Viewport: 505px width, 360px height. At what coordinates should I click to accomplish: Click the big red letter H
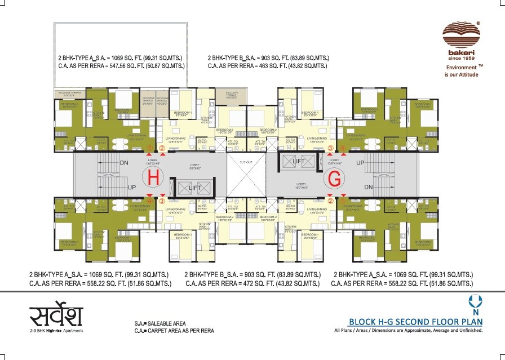153,178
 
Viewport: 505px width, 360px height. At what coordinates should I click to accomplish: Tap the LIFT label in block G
298,162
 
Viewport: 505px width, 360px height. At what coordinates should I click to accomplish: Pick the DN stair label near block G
369,186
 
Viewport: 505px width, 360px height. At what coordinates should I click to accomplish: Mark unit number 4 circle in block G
343,149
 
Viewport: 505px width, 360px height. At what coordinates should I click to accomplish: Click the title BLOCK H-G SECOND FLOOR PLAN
416,322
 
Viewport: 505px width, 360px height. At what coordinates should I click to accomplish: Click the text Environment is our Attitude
462,70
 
